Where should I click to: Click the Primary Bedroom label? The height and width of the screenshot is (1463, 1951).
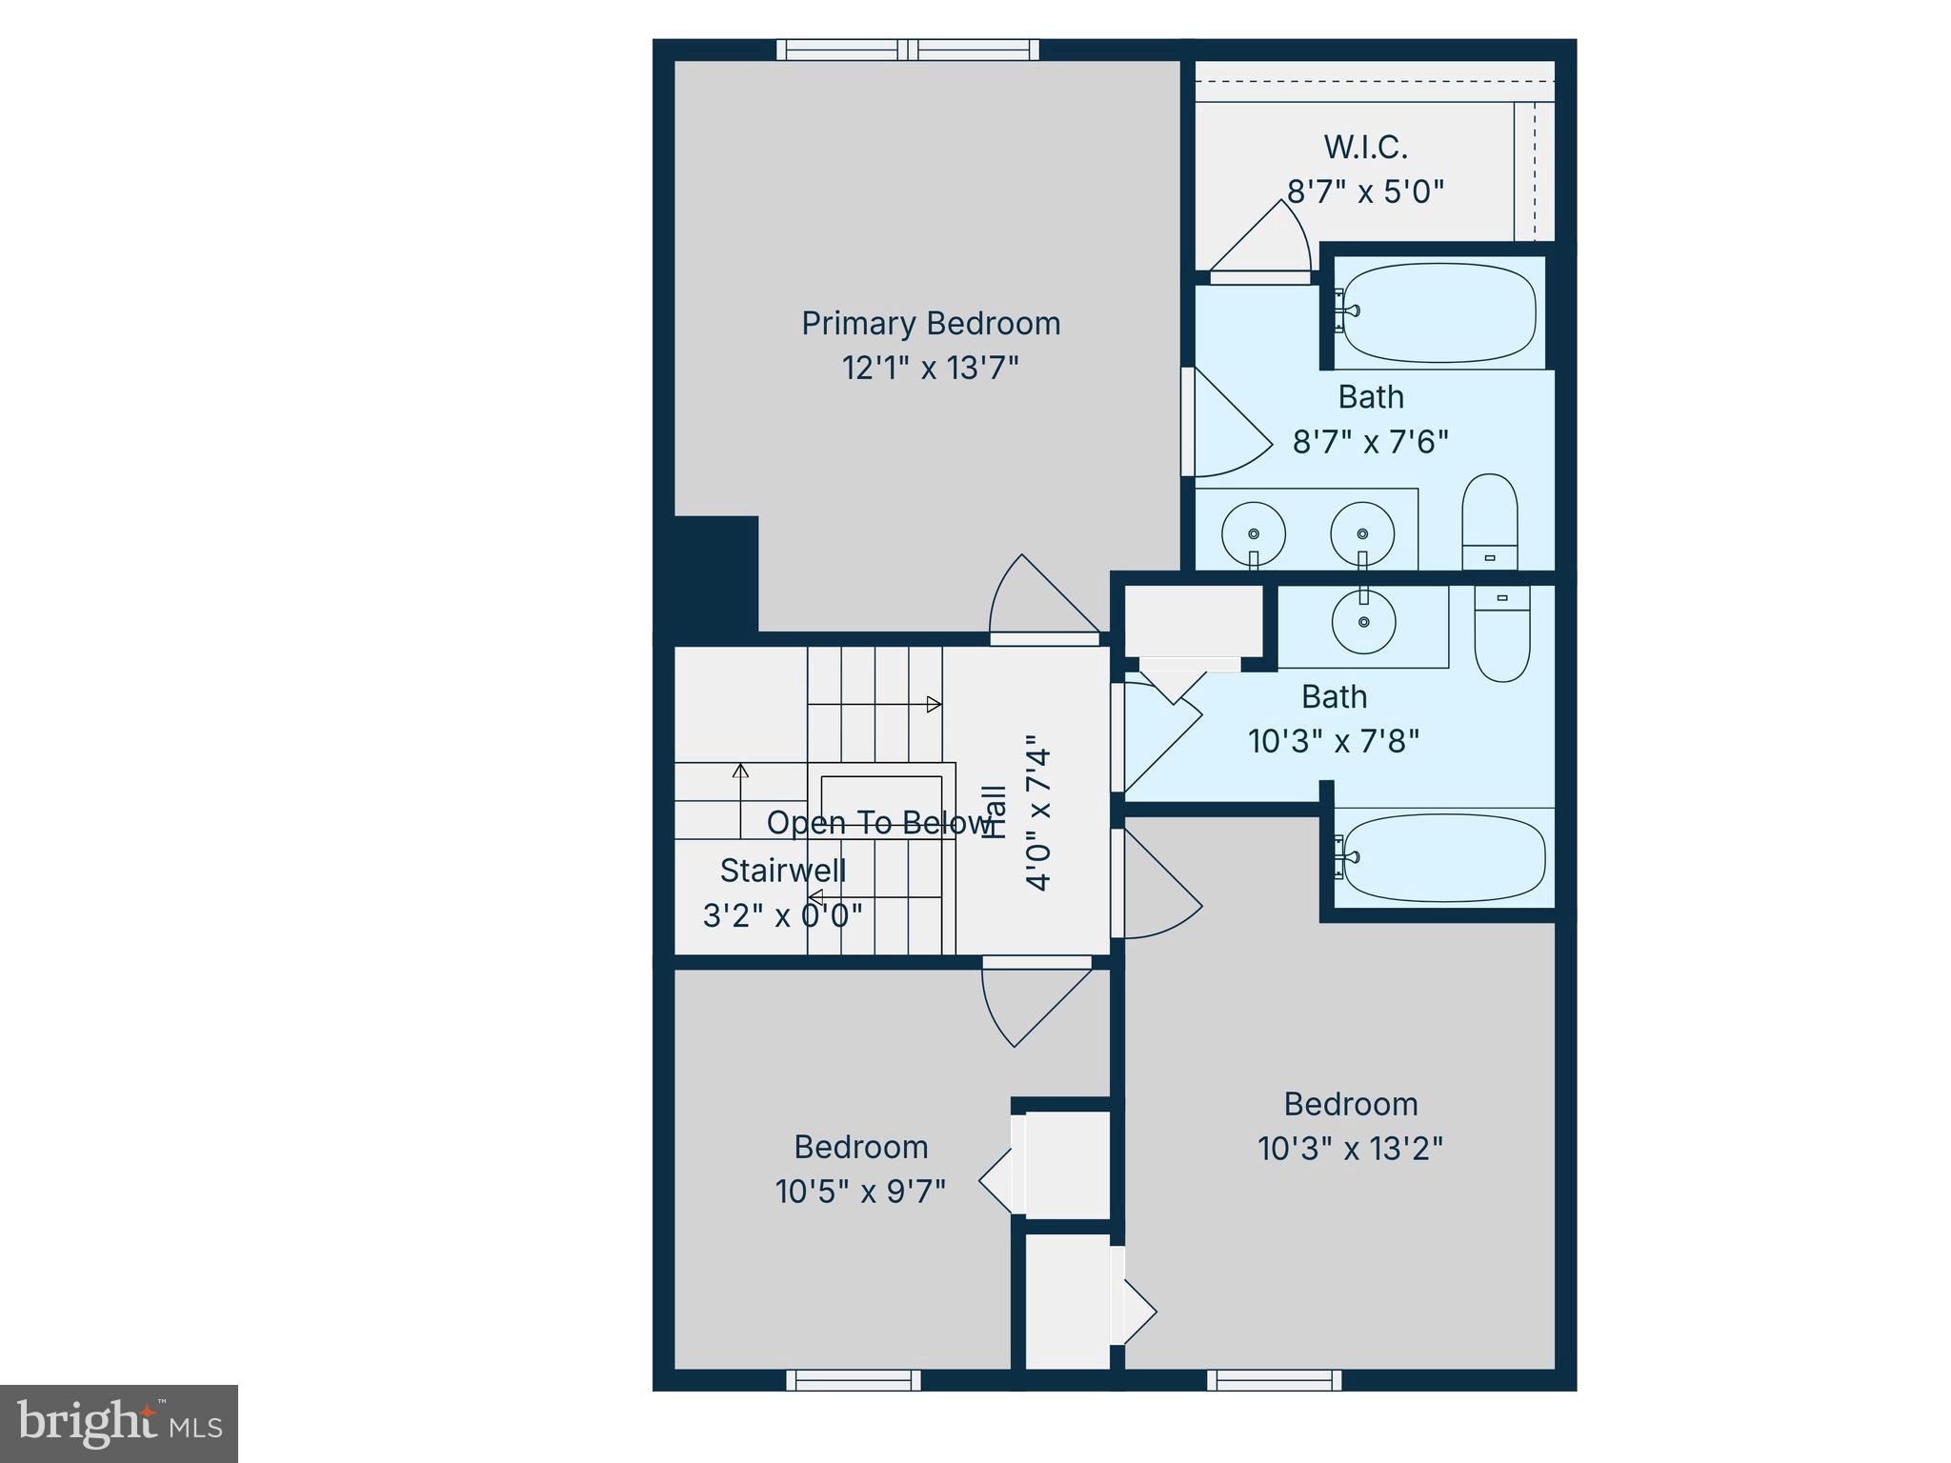[930, 324]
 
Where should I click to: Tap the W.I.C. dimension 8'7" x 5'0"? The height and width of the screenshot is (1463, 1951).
[1365, 192]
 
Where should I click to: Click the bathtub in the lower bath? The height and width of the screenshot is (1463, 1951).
[1443, 856]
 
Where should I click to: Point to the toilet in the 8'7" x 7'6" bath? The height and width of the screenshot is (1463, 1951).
[1489, 522]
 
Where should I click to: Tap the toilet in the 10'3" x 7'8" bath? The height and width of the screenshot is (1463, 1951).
[1501, 632]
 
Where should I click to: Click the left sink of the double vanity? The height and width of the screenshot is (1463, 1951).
[1254, 534]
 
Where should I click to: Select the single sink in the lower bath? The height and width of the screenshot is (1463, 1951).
[1363, 621]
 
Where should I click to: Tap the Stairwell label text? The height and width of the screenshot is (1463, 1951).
[782, 871]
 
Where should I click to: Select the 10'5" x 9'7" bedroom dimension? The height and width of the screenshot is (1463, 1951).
[860, 1192]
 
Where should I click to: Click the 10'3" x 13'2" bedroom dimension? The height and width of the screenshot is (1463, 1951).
[1350, 1149]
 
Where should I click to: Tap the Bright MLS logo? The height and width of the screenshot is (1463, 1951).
[119, 1423]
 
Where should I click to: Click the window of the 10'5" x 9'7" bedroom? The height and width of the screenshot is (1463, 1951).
[854, 1380]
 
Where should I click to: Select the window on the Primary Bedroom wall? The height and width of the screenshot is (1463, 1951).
[907, 50]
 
